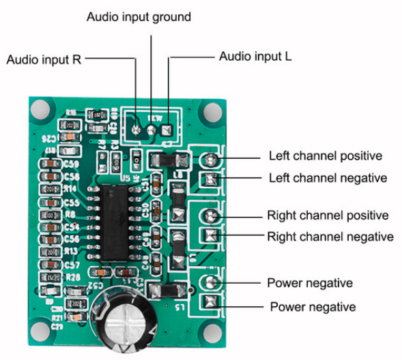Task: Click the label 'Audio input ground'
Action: pyautogui.click(x=139, y=16)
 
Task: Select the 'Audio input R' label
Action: pyautogui.click(x=44, y=59)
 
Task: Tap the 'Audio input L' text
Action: pyautogui.click(x=255, y=57)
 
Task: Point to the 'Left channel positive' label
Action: pyautogui.click(x=325, y=156)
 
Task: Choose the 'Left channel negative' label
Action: pyautogui.click(x=328, y=178)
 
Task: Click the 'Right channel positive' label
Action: pyautogui.click(x=328, y=215)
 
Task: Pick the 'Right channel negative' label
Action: pyautogui.click(x=330, y=237)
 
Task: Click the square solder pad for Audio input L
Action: pyautogui.click(x=167, y=127)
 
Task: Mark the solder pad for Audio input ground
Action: pyautogui.click(x=152, y=127)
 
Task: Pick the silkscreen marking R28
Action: pyautogui.click(x=73, y=276)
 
